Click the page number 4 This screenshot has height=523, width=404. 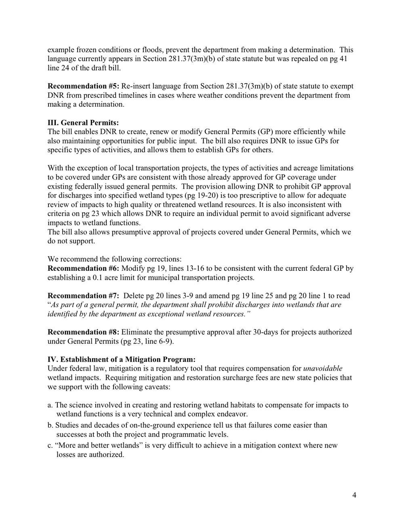[x=354, y=496]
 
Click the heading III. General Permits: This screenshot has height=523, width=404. [x=83, y=122]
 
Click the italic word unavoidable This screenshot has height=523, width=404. [x=322, y=369]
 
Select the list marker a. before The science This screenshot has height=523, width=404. [x=50, y=405]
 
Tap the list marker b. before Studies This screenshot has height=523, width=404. [x=50, y=425]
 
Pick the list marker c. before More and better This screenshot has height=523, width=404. [x=50, y=445]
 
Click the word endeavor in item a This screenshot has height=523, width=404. [x=232, y=414]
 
